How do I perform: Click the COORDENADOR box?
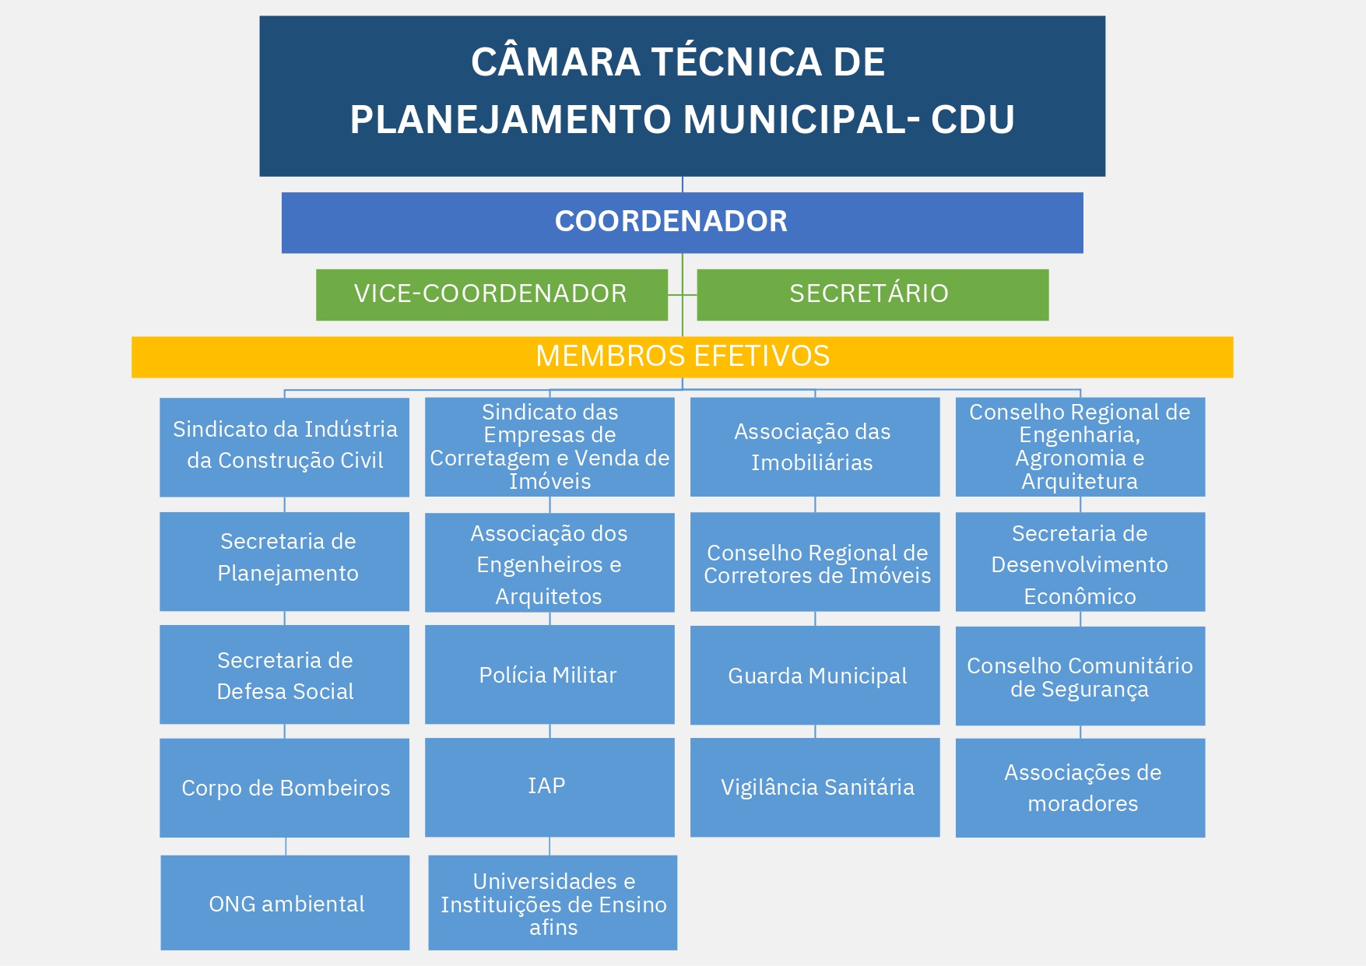(682, 223)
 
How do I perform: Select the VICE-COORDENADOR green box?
(492, 295)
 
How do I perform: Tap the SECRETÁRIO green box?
(873, 295)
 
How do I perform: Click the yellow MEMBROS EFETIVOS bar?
(682, 357)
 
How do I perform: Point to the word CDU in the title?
(973, 119)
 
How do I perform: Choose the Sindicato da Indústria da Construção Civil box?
(284, 448)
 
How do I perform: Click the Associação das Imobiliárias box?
(815, 447)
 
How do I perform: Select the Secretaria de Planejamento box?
(284, 561)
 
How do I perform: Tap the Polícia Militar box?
(550, 675)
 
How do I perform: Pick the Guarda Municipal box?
(815, 676)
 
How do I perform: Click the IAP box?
(550, 787)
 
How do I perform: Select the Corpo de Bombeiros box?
(284, 788)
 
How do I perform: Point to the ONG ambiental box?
(285, 903)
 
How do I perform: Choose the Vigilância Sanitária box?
(815, 787)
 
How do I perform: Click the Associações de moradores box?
(1080, 788)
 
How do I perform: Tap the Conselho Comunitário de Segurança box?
(1080, 676)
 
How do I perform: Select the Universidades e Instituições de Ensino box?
(553, 903)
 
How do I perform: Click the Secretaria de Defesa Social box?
(284, 675)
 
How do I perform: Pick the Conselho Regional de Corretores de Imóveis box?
(815, 561)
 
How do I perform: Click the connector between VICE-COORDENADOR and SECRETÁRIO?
(683, 295)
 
